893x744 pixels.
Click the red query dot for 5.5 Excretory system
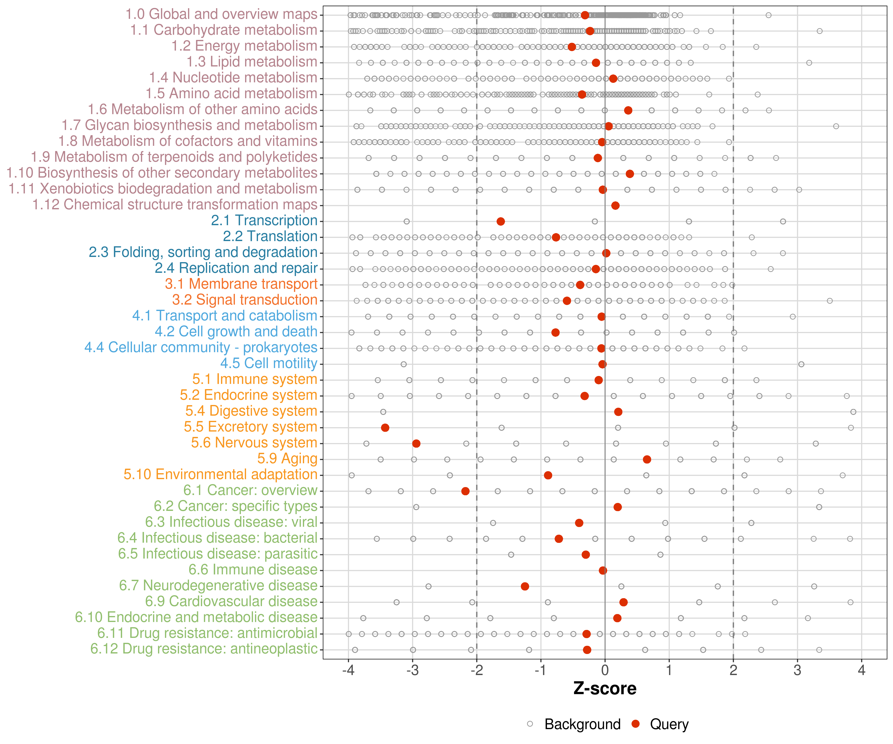[385, 428]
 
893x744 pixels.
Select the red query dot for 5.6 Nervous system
[416, 443]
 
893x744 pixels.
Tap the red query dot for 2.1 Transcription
[501, 221]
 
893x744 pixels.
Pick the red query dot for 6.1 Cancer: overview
[465, 491]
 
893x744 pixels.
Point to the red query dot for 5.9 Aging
[647, 459]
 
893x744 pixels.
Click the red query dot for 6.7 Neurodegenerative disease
[525, 586]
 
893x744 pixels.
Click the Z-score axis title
[605, 689]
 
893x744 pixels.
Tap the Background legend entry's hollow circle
[530, 724]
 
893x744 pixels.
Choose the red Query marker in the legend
[636, 724]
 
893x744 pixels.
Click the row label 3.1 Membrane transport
[241, 284]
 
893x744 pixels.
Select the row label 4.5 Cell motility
[269, 364]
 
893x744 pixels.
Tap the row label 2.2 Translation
[270, 236]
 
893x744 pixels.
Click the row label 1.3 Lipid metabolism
[252, 62]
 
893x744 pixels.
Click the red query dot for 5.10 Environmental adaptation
[548, 475]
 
